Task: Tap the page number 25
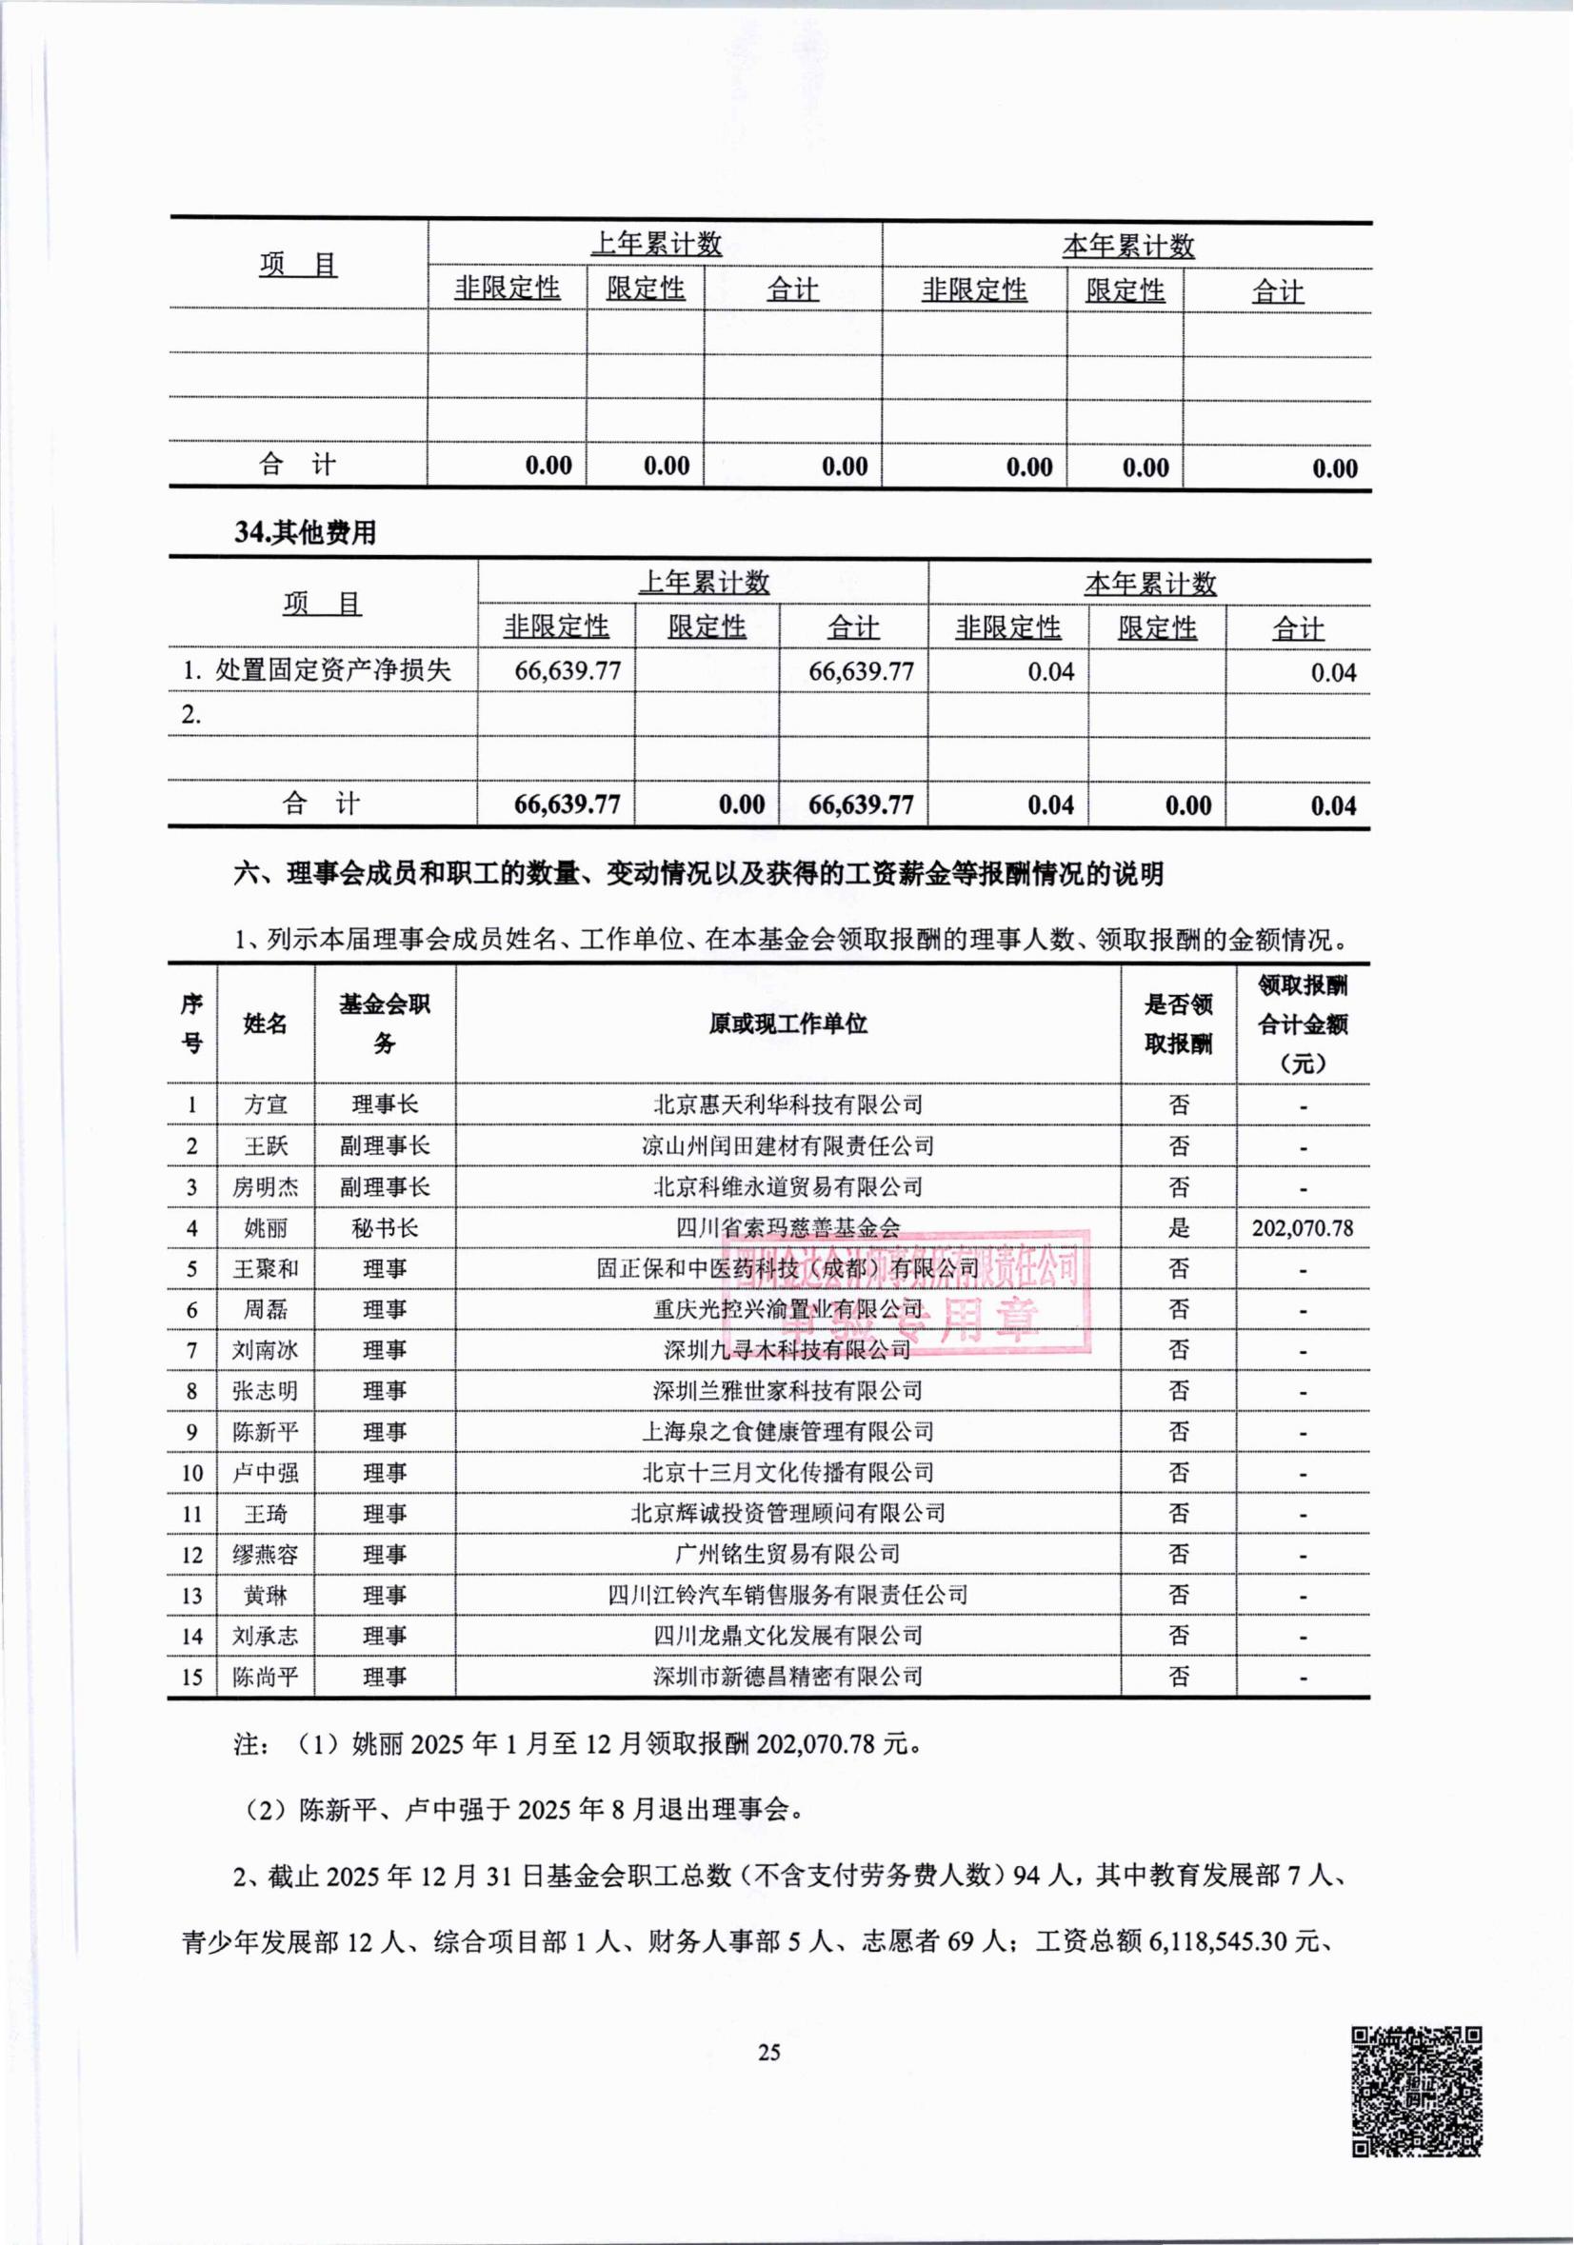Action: [x=769, y=2052]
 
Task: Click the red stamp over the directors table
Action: [x=905, y=1292]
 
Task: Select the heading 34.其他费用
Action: [x=305, y=533]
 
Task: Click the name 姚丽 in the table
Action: [x=265, y=1228]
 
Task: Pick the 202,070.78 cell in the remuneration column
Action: [x=1303, y=1228]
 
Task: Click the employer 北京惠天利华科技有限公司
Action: [x=788, y=1105]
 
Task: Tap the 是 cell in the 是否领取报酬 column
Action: [x=1179, y=1228]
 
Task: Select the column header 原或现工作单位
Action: [x=788, y=1023]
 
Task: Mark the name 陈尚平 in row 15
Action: [x=265, y=1677]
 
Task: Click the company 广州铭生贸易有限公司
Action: [x=788, y=1554]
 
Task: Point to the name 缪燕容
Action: [x=265, y=1555]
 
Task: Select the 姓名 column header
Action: [x=265, y=1023]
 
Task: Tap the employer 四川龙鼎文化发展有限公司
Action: [x=788, y=1636]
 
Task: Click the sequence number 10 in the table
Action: [x=191, y=1473]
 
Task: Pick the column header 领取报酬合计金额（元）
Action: [x=1303, y=1023]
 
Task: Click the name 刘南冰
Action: [x=265, y=1350]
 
